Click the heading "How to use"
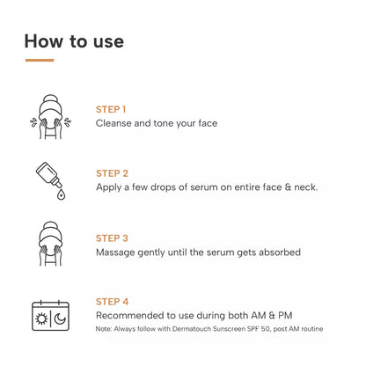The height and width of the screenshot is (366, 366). click(74, 40)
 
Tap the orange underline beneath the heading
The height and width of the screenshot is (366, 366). click(40, 61)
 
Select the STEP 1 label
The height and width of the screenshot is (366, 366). click(111, 109)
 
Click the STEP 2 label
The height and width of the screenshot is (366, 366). click(112, 173)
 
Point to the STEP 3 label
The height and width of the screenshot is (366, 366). click(112, 238)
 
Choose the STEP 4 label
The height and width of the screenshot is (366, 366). click(112, 302)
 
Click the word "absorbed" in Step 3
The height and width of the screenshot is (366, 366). click(275, 252)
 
